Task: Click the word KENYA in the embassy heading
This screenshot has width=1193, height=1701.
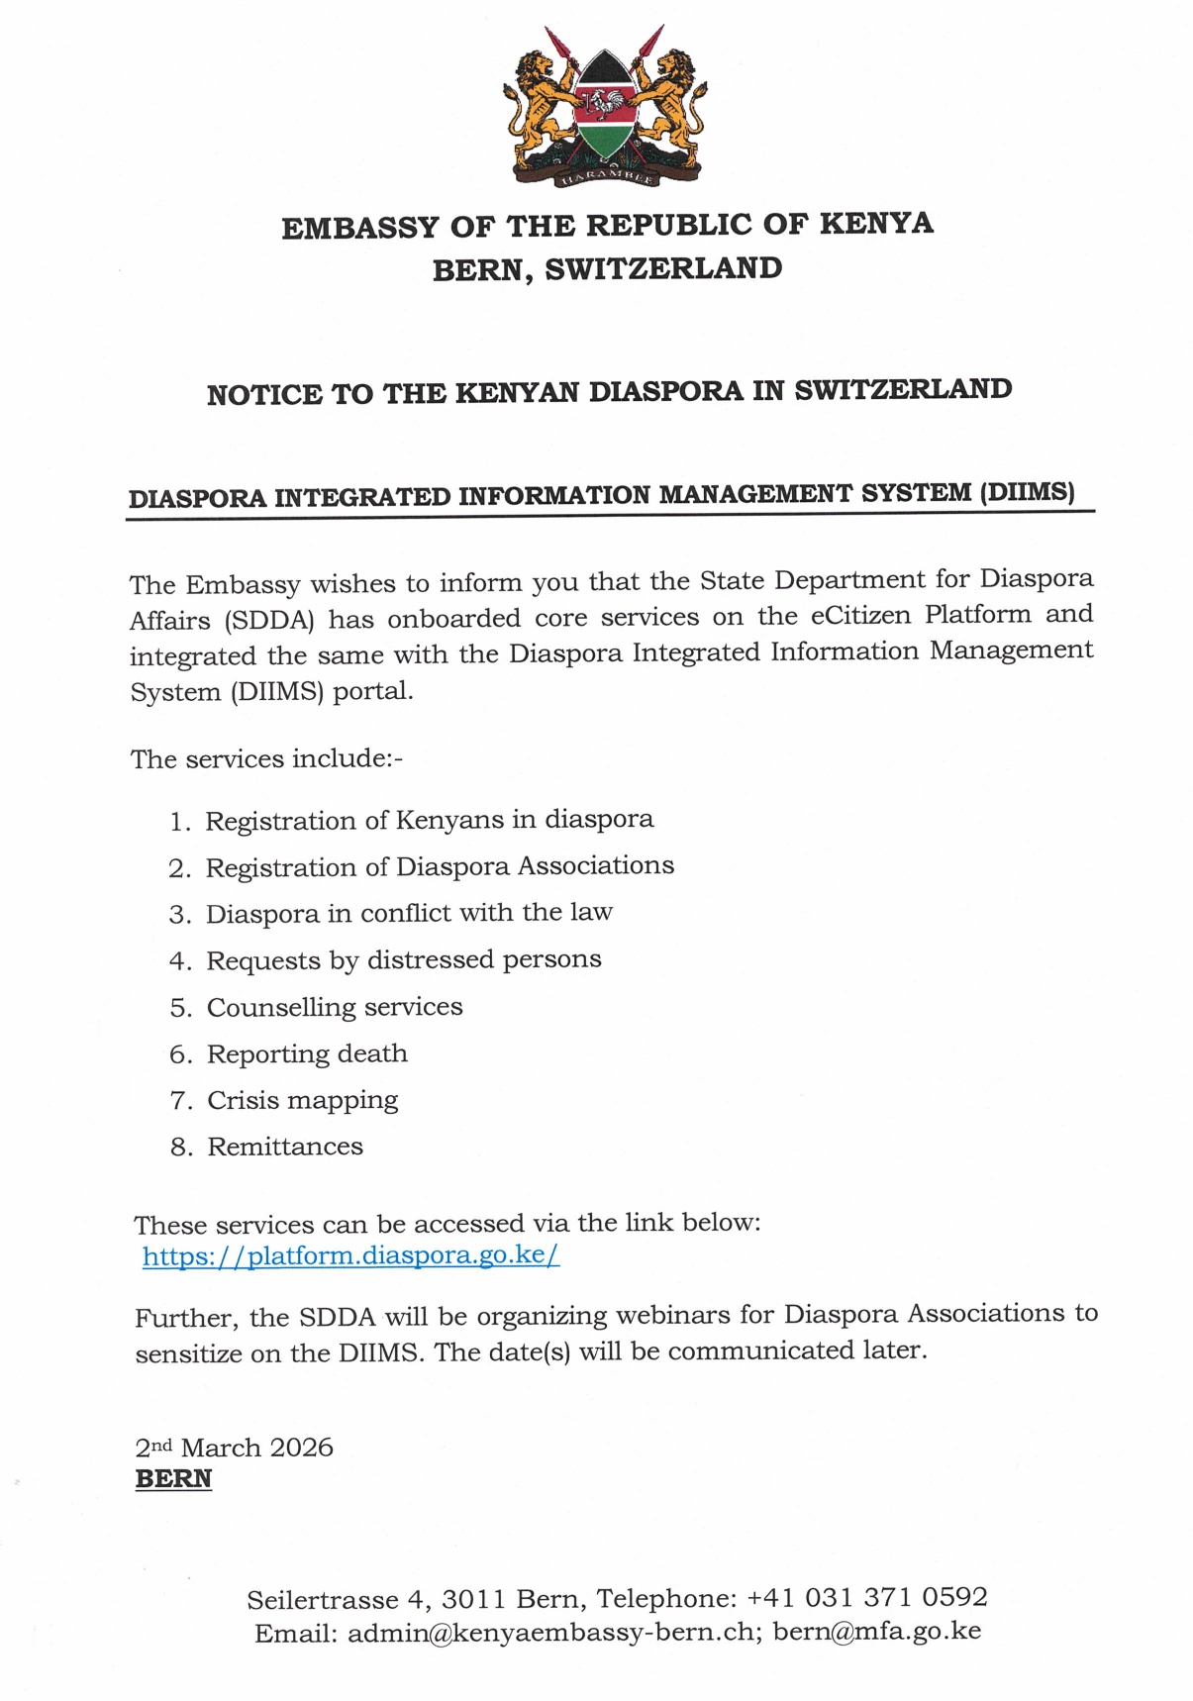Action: click(876, 224)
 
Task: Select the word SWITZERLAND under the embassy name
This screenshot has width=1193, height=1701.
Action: click(663, 268)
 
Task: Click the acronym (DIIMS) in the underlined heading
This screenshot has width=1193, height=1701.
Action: click(1027, 492)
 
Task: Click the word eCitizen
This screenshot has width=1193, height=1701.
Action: click(860, 616)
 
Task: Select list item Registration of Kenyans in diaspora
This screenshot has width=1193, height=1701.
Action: click(429, 820)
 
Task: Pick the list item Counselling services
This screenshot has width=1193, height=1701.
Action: click(335, 1007)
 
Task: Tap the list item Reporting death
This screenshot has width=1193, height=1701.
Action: click(307, 1053)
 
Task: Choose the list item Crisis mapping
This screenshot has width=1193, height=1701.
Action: click(302, 1100)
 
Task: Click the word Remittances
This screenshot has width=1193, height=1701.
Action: click(285, 1147)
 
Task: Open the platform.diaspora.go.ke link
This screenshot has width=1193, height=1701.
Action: click(350, 1255)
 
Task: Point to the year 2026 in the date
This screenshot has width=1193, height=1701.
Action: click(301, 1448)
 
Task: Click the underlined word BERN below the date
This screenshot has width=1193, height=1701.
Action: click(173, 1478)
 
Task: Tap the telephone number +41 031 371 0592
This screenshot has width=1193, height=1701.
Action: click(866, 1597)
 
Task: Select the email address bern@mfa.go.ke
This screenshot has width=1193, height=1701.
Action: click(876, 1632)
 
